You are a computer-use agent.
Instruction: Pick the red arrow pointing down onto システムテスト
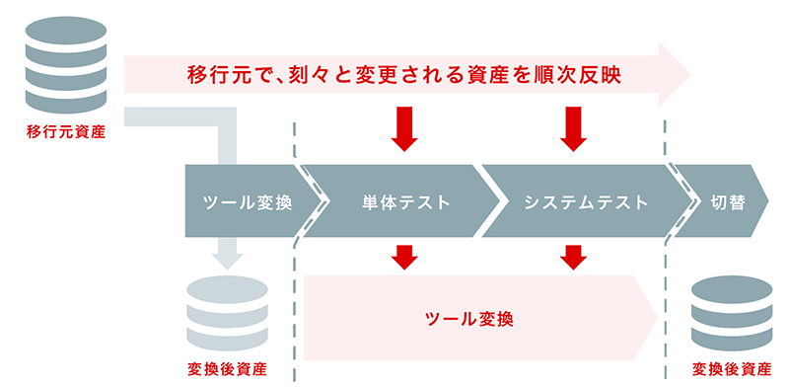(573, 128)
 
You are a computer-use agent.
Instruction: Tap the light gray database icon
(227, 312)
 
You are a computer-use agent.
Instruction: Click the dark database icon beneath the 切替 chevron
(731, 312)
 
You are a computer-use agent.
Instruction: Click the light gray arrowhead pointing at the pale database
(227, 259)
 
